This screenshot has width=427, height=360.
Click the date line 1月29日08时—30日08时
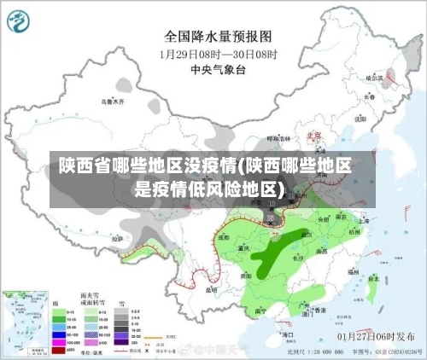(x=218, y=53)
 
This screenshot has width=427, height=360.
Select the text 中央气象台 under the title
(x=218, y=68)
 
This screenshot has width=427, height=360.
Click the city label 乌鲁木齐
(x=113, y=102)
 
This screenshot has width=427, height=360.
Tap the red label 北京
(x=314, y=135)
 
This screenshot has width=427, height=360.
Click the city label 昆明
(x=212, y=289)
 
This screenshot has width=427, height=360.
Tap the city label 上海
(x=365, y=220)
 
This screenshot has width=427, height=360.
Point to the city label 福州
(x=352, y=270)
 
